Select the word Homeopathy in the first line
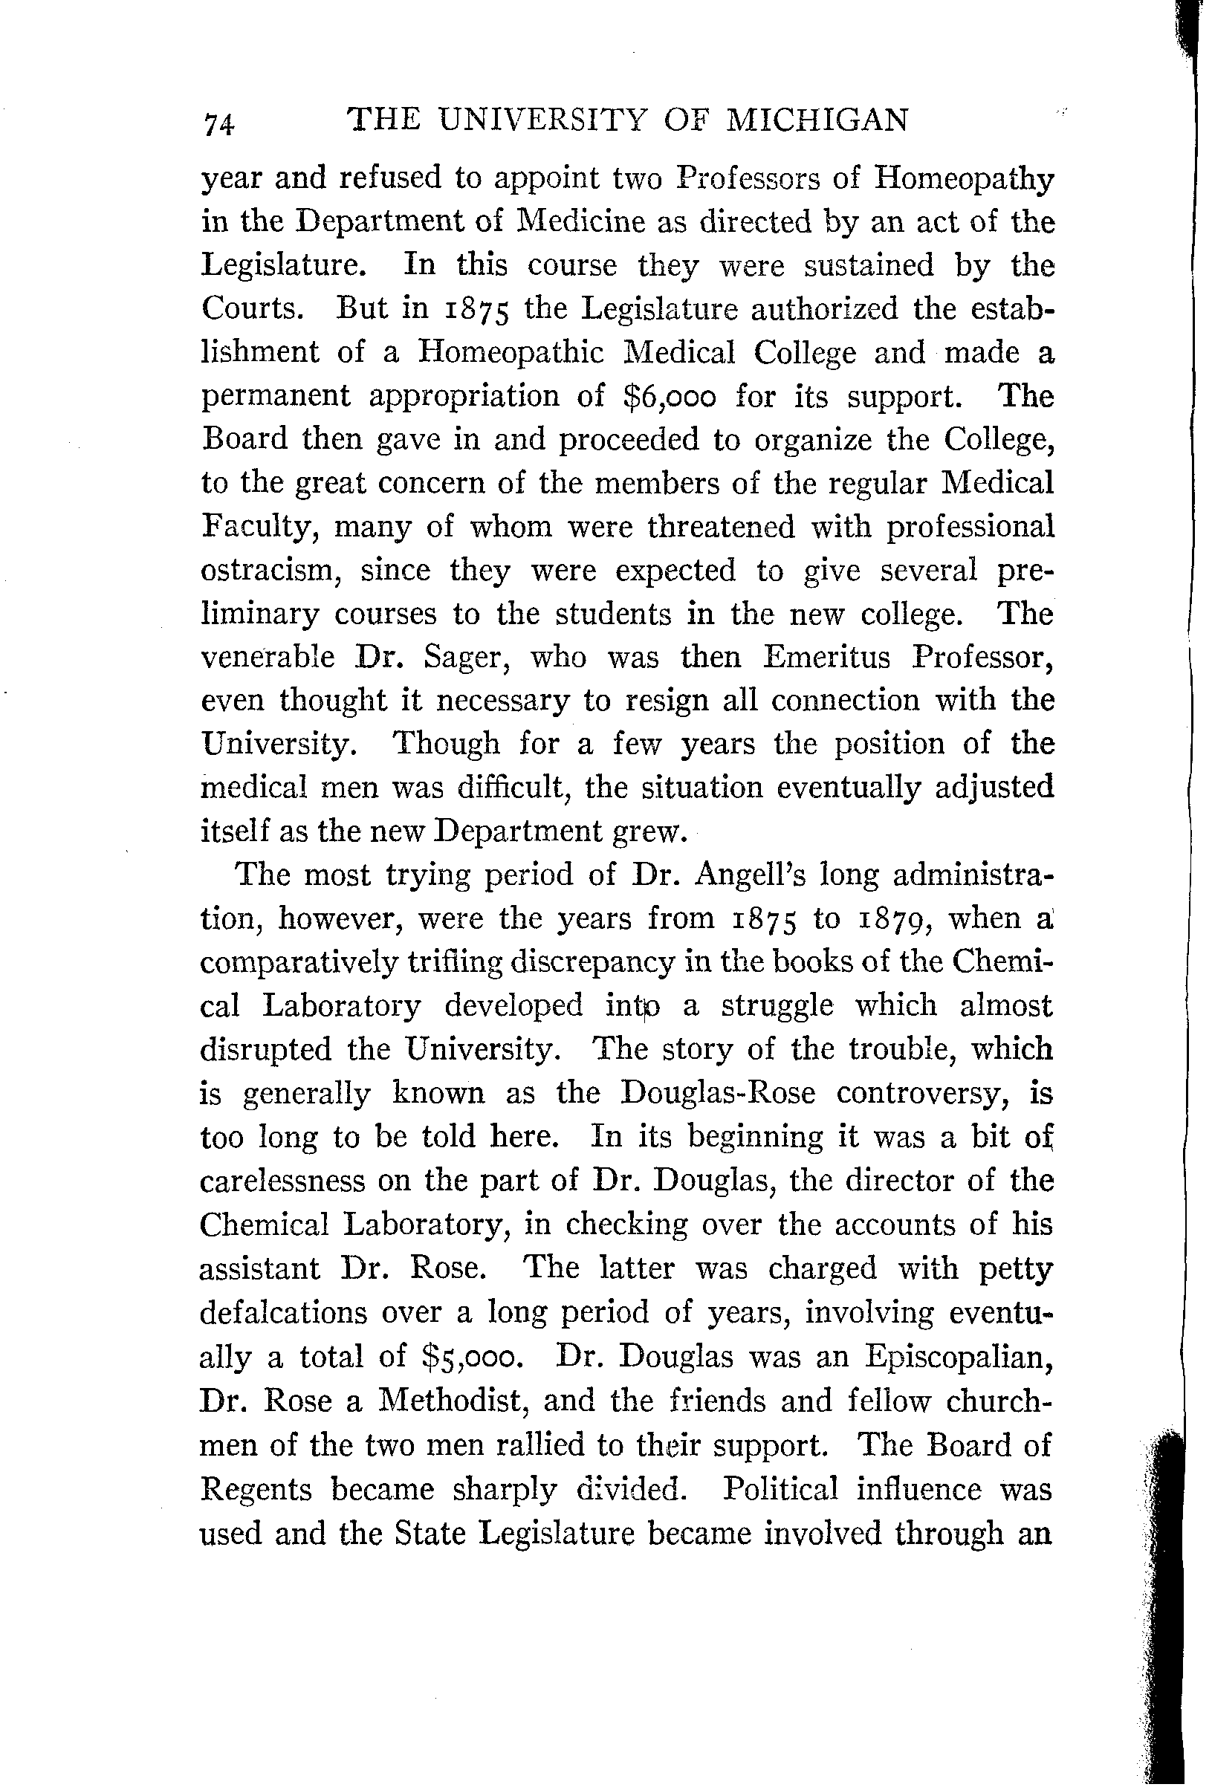click(964, 180)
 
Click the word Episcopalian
click(959, 1356)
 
